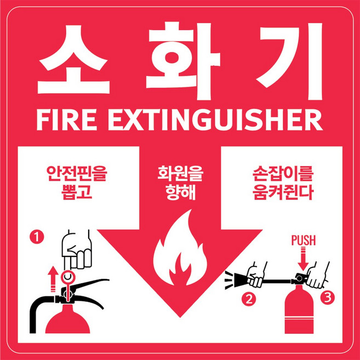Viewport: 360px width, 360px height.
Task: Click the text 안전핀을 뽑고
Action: (76, 185)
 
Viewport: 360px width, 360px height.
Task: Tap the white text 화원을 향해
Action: (180, 185)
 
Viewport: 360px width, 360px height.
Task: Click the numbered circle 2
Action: (249, 299)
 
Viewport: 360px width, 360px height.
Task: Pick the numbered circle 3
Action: (327, 298)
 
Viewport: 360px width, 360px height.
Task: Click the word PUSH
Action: (303, 240)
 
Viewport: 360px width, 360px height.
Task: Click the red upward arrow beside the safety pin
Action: (53, 278)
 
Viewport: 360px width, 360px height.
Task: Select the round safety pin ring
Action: (68, 277)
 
